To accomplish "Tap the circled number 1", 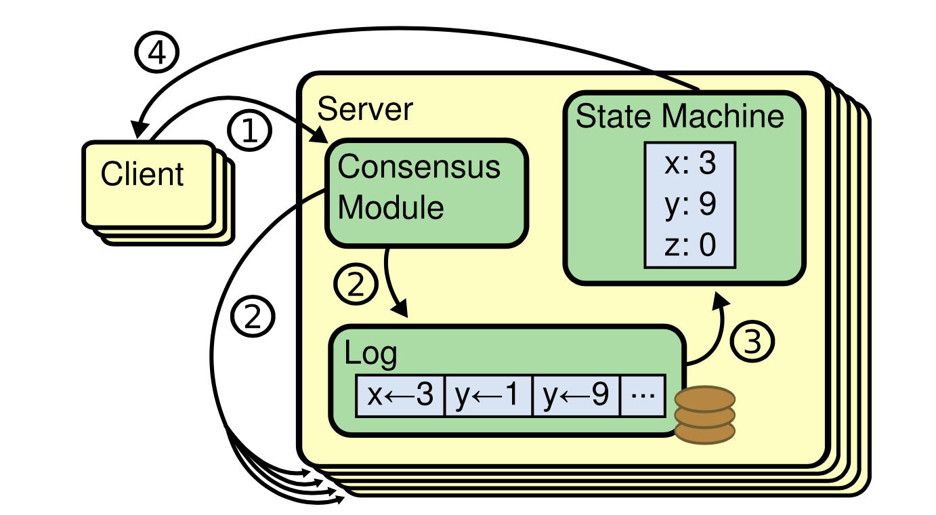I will [x=250, y=131].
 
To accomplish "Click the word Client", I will [x=142, y=174].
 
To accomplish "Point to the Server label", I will [x=365, y=108].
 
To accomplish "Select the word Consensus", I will [x=419, y=167].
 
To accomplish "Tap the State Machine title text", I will [x=679, y=117].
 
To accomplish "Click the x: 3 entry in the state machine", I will [x=689, y=164].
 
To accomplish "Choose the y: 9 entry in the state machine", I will [x=689, y=205].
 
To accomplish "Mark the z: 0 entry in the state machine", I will [x=689, y=245].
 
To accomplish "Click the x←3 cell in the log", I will [x=400, y=396].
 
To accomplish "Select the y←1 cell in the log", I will [x=488, y=396].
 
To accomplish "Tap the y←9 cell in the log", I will [x=576, y=396].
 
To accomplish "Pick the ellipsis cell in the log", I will [x=643, y=396].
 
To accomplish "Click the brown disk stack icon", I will [x=705, y=413].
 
